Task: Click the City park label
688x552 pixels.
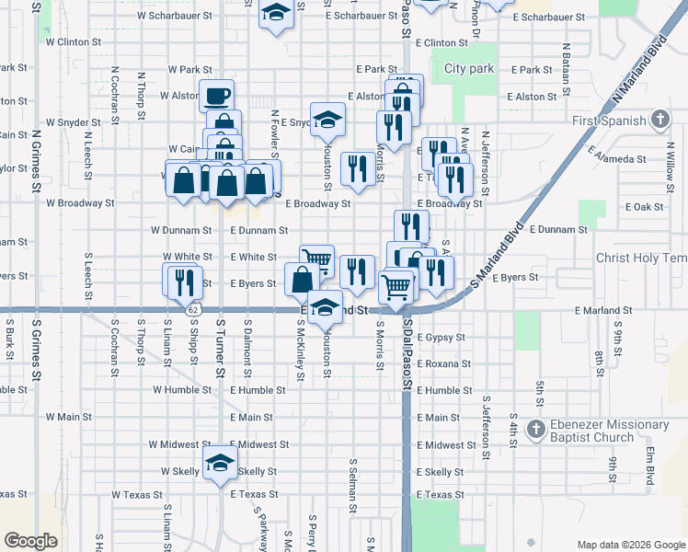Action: click(x=469, y=69)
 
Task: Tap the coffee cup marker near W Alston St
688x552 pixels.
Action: click(x=217, y=96)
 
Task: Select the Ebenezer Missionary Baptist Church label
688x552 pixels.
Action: click(x=597, y=431)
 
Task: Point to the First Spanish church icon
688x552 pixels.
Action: click(x=659, y=120)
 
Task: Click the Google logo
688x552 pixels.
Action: click(x=31, y=541)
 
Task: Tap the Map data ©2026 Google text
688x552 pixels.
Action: click(x=631, y=545)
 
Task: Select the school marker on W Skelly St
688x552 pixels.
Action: click(x=221, y=465)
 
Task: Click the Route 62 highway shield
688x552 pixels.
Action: click(x=191, y=311)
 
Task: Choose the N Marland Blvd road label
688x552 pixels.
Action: click(x=639, y=69)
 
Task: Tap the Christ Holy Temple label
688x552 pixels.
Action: click(x=641, y=259)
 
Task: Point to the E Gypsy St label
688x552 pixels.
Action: click(x=441, y=338)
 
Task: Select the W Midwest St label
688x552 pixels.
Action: click(x=180, y=444)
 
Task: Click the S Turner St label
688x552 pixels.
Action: click(x=221, y=350)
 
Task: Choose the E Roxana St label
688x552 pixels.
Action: click(x=443, y=363)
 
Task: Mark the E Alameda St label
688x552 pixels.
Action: click(x=620, y=159)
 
